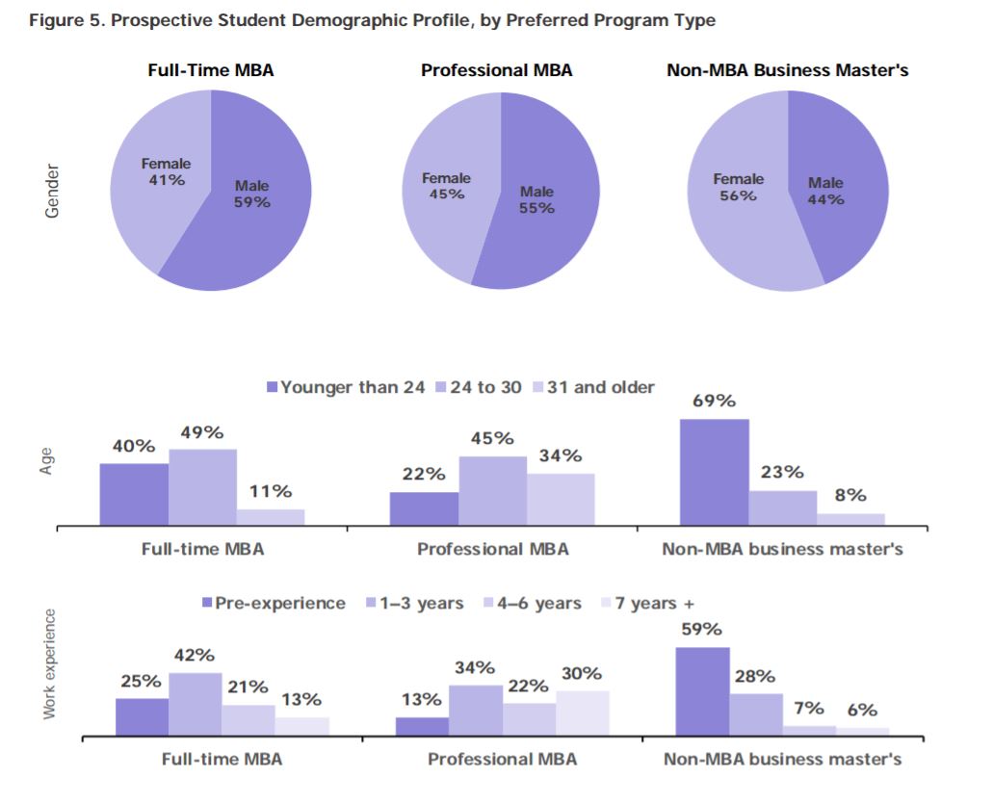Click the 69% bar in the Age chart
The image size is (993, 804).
coord(714,472)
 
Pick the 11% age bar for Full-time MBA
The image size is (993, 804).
coord(271,517)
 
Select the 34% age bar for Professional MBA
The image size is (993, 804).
coord(561,500)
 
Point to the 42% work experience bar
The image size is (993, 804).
coord(195,704)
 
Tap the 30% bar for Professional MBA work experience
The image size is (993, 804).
coord(582,713)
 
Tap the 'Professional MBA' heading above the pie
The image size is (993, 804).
coord(496,70)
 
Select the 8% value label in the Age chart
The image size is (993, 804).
coord(850,495)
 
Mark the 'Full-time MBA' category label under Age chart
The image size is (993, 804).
coord(202,550)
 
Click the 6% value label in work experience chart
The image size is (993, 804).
coord(862,710)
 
